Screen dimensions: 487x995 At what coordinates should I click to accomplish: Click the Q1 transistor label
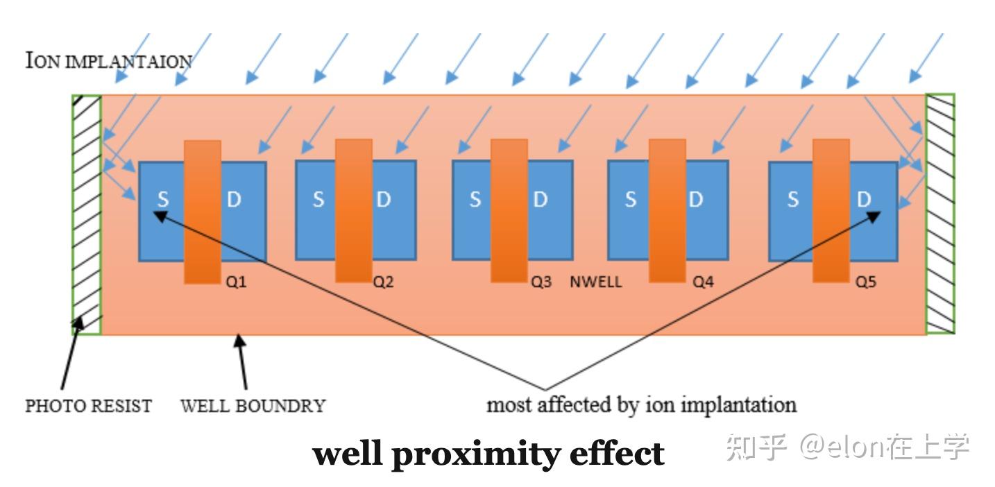pyautogui.click(x=236, y=282)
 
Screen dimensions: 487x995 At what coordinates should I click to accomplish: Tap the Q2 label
pyautogui.click(x=384, y=282)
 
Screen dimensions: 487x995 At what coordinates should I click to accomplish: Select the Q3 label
pyautogui.click(x=541, y=282)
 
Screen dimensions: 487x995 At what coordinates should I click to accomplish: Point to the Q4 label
pyautogui.click(x=703, y=282)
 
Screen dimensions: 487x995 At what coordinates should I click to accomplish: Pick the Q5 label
pyautogui.click(x=865, y=282)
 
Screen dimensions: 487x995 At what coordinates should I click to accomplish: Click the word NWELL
pyautogui.click(x=595, y=282)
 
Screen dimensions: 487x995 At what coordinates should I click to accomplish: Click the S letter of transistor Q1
pyautogui.click(x=162, y=200)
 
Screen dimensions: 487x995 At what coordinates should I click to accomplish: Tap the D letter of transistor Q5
pyautogui.click(x=864, y=200)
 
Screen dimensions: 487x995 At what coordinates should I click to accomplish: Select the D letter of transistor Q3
pyautogui.click(x=540, y=200)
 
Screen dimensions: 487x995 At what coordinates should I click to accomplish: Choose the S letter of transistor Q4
pyautogui.click(x=630, y=200)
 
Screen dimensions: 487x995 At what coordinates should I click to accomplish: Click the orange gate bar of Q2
pyautogui.click(x=353, y=210)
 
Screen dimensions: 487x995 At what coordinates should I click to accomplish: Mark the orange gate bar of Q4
pyautogui.click(x=667, y=210)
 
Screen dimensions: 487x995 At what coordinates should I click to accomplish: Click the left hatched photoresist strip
pyautogui.click(x=87, y=215)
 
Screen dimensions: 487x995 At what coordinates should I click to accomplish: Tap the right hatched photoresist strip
pyautogui.click(x=940, y=215)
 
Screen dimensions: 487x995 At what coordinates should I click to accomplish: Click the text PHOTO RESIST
pyautogui.click(x=88, y=406)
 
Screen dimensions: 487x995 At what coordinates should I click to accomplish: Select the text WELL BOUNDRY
pyautogui.click(x=253, y=406)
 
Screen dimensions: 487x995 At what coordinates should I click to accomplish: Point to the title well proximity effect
pyautogui.click(x=488, y=454)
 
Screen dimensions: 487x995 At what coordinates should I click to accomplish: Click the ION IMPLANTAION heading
pyautogui.click(x=108, y=61)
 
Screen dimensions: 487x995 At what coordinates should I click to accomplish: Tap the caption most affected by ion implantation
pyautogui.click(x=641, y=404)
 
